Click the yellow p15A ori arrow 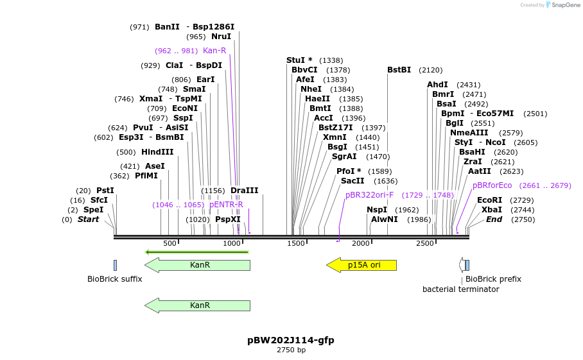coord(361,265)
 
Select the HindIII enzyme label coord(157,152)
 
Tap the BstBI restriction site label coord(399,70)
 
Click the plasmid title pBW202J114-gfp coord(291,340)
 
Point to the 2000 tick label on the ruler coord(360,243)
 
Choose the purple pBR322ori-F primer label coord(369,195)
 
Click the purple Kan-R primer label coord(214,51)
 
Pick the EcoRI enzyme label coord(490,200)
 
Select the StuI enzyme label coord(295,60)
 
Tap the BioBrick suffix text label coord(114,279)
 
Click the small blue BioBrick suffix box coord(116,265)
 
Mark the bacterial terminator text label coord(460,289)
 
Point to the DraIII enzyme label coord(244,191)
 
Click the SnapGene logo coord(562,5)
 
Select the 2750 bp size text coord(291,350)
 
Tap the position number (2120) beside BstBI coord(431,70)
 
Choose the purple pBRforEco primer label coord(492,185)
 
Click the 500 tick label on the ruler coord(170,243)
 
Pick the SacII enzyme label coord(352,181)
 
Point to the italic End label coord(494,219)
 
